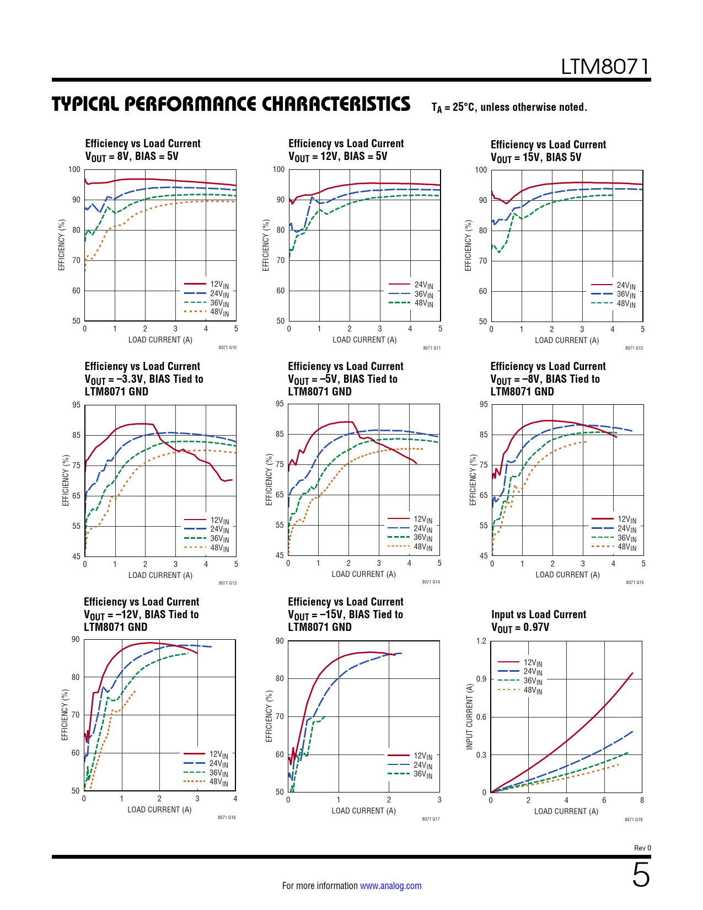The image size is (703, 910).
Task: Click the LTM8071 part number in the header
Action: pos(605,67)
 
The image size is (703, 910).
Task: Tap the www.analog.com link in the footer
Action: pos(390,886)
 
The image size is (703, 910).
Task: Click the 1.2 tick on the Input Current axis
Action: pos(481,641)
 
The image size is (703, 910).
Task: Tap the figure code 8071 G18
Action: pos(634,820)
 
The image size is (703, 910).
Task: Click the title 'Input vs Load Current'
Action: pos(538,614)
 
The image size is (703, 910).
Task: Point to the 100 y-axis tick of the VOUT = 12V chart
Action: pos(278,169)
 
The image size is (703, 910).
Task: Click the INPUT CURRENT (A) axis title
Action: pos(470,716)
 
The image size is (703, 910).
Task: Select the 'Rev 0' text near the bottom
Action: pos(642,848)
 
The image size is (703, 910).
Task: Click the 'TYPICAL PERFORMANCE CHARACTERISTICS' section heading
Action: pos(231,104)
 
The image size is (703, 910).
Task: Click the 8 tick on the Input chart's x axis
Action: pos(642,800)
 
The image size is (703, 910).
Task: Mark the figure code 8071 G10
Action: pos(227,347)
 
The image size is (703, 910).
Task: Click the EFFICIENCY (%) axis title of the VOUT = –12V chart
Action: pos(65,714)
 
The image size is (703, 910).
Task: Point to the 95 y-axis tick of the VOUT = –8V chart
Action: pos(484,404)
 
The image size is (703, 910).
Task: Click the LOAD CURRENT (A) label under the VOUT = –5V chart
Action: pos(363,574)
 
